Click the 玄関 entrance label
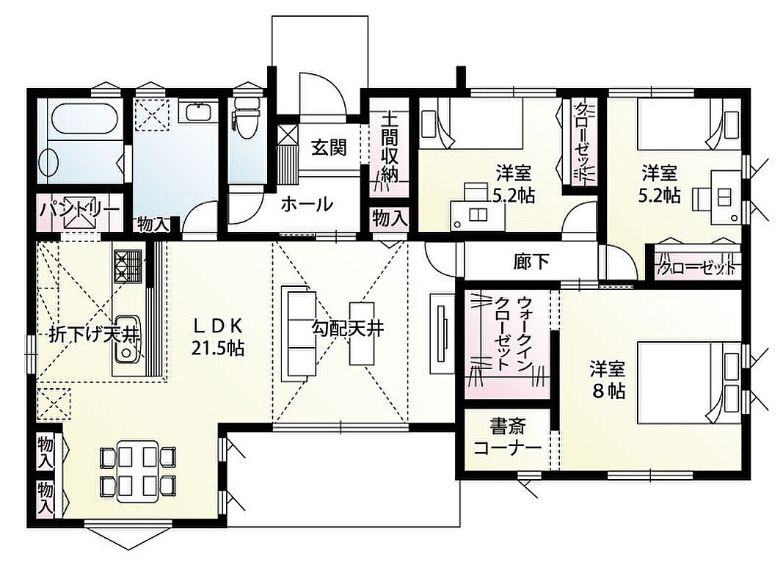pyautogui.click(x=329, y=147)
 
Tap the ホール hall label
pyautogui.click(x=307, y=204)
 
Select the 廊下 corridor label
pyautogui.click(x=531, y=261)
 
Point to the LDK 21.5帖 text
pyautogui.click(x=218, y=338)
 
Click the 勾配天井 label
pyautogui.click(x=348, y=328)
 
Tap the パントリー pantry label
pyautogui.click(x=80, y=209)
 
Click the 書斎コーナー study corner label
pyautogui.click(x=507, y=438)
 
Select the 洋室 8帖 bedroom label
pyautogui.click(x=608, y=380)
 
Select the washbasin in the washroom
pyautogui.click(x=200, y=112)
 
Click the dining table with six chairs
pyautogui.click(x=137, y=470)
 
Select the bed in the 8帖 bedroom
pyautogui.click(x=688, y=382)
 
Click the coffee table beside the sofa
pyautogui.click(x=362, y=333)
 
